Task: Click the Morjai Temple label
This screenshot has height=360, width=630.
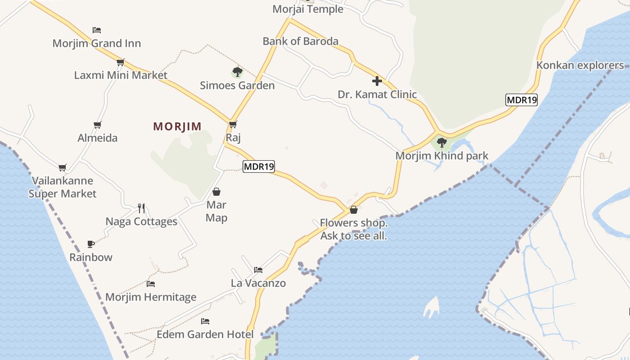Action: [x=308, y=9]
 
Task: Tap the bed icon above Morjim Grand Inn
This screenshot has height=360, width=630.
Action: [x=97, y=30]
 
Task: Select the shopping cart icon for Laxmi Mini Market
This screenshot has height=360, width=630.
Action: [x=120, y=62]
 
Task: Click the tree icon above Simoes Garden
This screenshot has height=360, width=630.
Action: [x=237, y=72]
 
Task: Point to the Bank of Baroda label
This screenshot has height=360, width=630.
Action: [x=300, y=41]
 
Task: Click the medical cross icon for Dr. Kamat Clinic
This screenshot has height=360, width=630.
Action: [x=377, y=81]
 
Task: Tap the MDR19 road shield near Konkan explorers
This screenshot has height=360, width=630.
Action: [x=522, y=100]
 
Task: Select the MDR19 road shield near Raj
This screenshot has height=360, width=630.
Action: [x=259, y=166]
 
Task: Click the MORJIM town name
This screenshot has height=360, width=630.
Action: [x=177, y=126]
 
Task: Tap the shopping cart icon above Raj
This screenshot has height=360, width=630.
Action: [x=233, y=124]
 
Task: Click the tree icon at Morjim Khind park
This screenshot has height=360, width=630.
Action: [x=441, y=143]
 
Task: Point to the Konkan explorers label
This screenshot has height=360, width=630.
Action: [x=580, y=65]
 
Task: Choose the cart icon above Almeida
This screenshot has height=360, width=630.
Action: [x=98, y=125]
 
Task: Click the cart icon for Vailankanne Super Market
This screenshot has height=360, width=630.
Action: [x=63, y=167]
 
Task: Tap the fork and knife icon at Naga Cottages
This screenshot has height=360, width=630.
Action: [x=141, y=208]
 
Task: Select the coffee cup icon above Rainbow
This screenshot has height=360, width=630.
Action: [x=91, y=244]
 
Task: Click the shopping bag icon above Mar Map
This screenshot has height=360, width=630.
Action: [x=216, y=192]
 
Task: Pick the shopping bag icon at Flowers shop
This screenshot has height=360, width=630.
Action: [x=353, y=210]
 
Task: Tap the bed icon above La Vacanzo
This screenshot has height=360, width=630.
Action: [x=258, y=270]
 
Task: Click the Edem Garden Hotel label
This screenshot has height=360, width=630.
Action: [x=205, y=335]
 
